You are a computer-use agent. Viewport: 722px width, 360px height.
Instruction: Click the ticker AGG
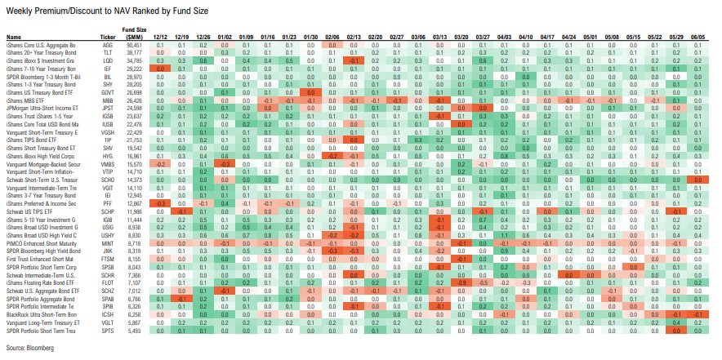(107, 45)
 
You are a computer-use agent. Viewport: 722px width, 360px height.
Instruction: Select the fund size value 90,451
(135, 45)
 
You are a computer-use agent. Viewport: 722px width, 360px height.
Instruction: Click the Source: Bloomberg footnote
(29, 349)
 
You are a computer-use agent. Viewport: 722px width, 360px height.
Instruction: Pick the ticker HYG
(107, 152)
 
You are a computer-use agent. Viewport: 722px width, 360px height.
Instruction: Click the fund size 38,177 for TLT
(135, 51)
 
